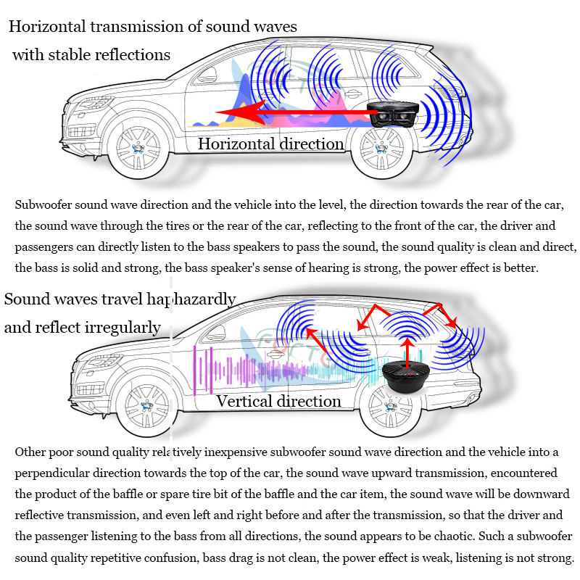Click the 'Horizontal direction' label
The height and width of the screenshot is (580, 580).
(270, 144)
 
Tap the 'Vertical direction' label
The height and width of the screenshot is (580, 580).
(278, 401)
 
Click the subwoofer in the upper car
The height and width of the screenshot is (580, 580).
(394, 115)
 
